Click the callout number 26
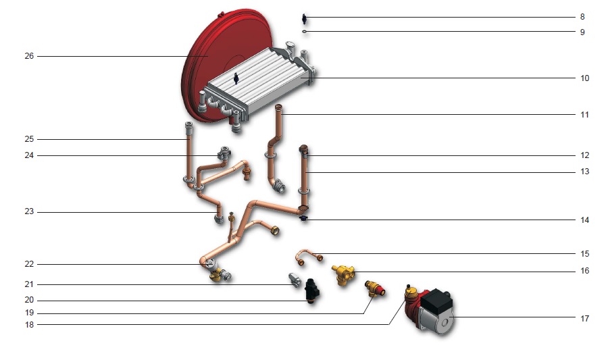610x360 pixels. (29, 56)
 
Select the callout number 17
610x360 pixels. (585, 318)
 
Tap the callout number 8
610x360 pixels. (582, 17)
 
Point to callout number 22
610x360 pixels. (29, 264)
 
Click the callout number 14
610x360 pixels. (585, 220)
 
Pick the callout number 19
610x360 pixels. (29, 313)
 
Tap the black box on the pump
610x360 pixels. (437, 300)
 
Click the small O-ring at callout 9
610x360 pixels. (305, 31)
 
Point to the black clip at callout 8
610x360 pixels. (304, 18)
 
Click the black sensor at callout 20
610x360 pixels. (312, 291)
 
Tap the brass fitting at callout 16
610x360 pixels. (343, 275)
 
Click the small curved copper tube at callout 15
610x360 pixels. (309, 257)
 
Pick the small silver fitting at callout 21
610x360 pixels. (295, 280)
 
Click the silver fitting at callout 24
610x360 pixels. (224, 153)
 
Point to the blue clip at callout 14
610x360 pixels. (303, 218)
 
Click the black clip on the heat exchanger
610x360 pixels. (236, 78)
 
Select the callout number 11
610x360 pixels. (585, 115)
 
